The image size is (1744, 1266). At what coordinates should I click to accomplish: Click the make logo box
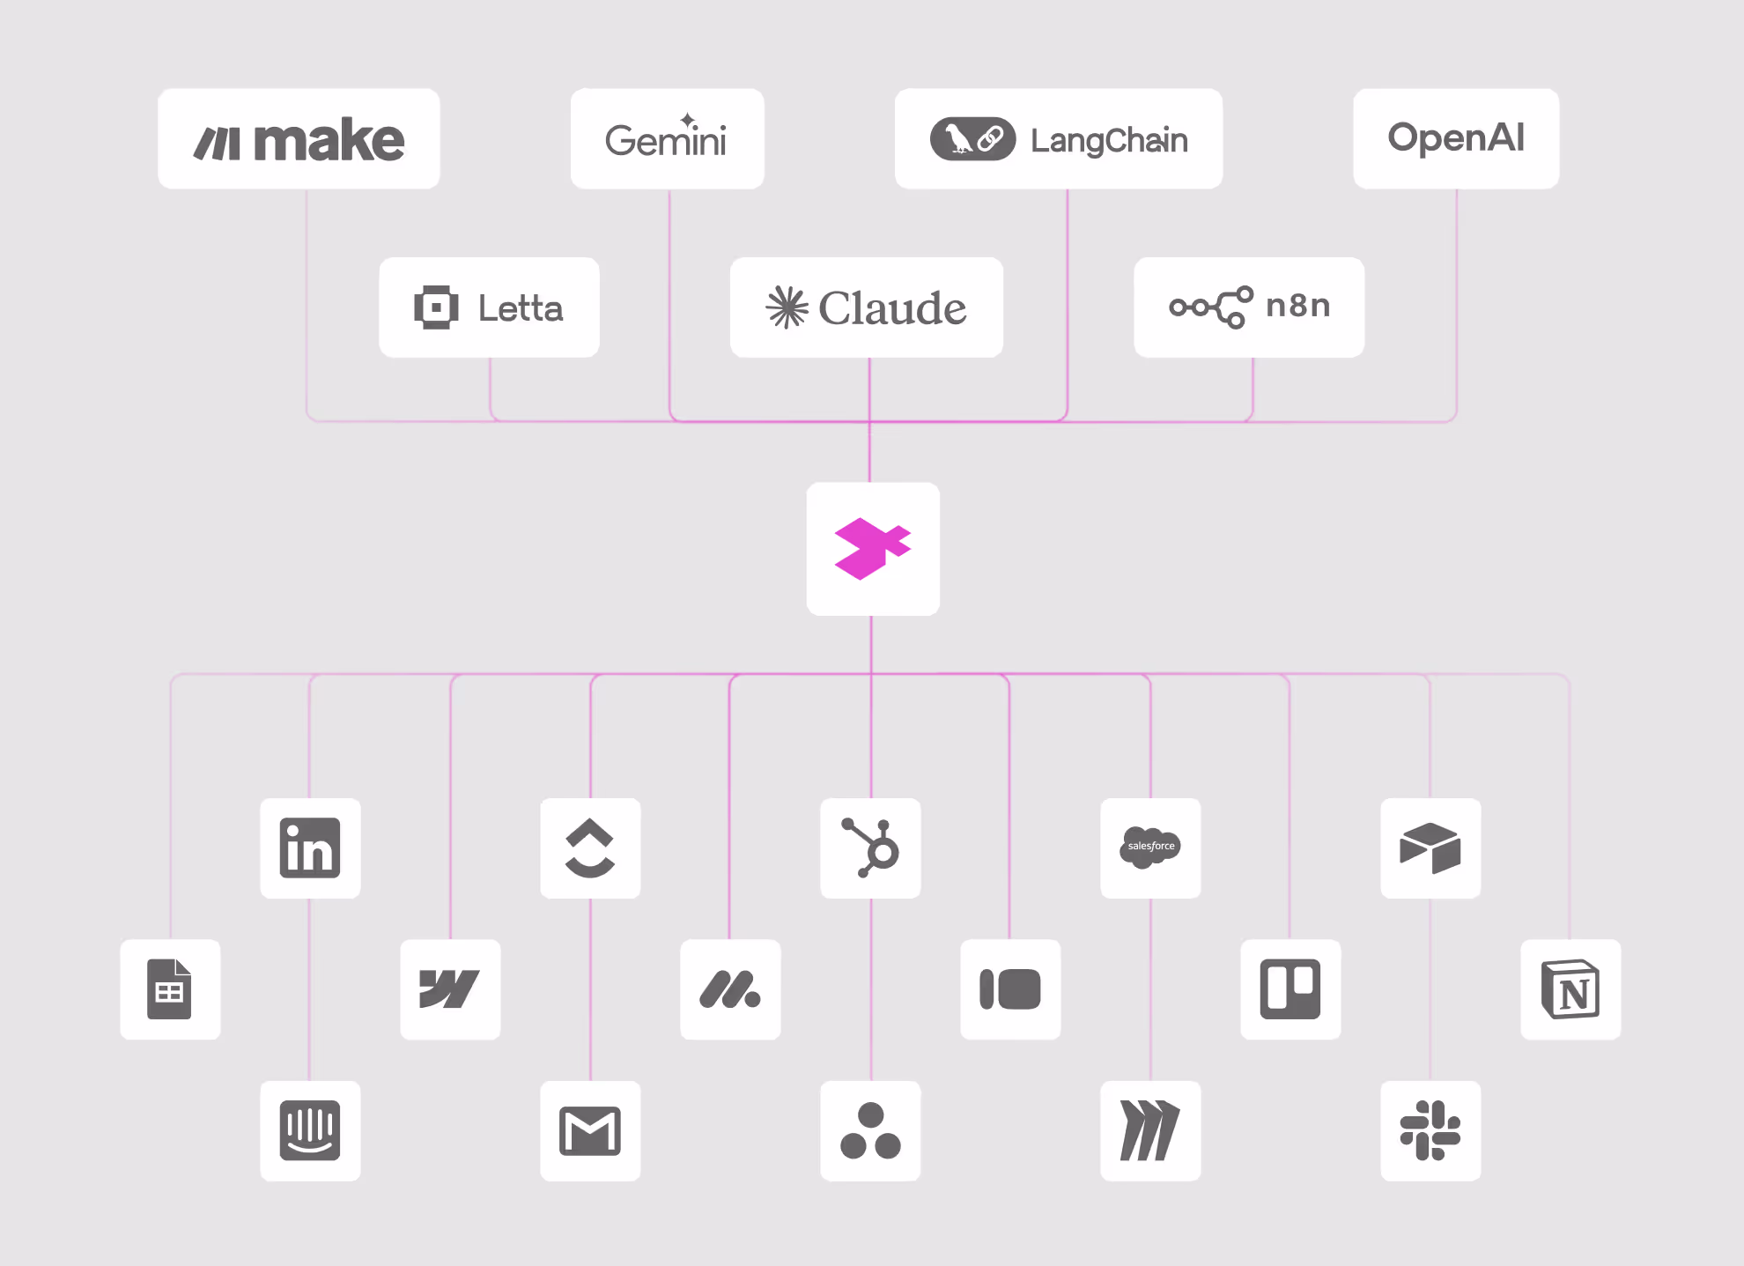(x=299, y=139)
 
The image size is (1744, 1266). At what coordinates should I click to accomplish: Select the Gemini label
(x=667, y=140)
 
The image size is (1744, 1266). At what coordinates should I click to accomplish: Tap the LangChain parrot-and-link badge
(x=972, y=139)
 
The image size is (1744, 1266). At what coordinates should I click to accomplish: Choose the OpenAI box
(x=1456, y=138)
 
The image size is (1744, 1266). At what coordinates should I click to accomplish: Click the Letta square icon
(x=436, y=307)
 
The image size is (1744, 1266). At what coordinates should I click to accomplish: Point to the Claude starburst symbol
(x=787, y=307)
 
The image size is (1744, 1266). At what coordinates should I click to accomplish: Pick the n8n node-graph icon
(x=1211, y=307)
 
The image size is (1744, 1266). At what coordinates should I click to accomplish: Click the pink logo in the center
(x=872, y=549)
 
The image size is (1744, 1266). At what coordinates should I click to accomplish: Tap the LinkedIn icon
(x=310, y=848)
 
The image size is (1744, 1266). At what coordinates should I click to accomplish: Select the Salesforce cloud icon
(x=1150, y=848)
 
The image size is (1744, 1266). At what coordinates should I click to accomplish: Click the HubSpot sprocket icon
(x=870, y=848)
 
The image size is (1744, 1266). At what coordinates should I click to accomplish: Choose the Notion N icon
(x=1570, y=989)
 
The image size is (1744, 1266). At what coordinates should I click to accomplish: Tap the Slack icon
(x=1430, y=1130)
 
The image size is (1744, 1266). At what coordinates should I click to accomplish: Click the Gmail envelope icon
(x=590, y=1131)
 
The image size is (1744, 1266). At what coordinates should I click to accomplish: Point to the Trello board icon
(x=1290, y=989)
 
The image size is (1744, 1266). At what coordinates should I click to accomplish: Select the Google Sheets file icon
(x=170, y=989)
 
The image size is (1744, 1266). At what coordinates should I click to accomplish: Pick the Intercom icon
(x=310, y=1130)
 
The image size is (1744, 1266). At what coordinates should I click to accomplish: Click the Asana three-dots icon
(x=870, y=1131)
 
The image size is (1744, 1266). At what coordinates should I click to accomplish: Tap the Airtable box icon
(x=1430, y=848)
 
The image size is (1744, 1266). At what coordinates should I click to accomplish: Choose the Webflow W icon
(x=450, y=989)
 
